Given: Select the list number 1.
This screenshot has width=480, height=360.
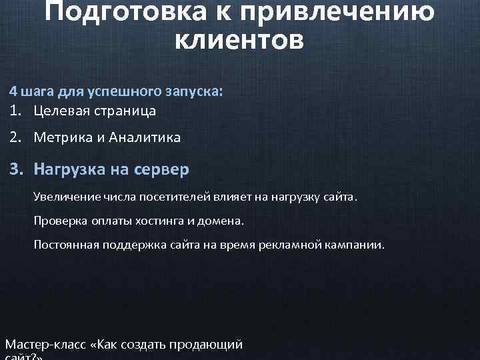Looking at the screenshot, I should [13, 111].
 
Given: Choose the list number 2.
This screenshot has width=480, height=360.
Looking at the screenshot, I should [13, 138].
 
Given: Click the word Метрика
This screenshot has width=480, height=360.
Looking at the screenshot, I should [63, 138].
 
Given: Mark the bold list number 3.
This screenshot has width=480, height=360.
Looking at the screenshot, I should [13, 169].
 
